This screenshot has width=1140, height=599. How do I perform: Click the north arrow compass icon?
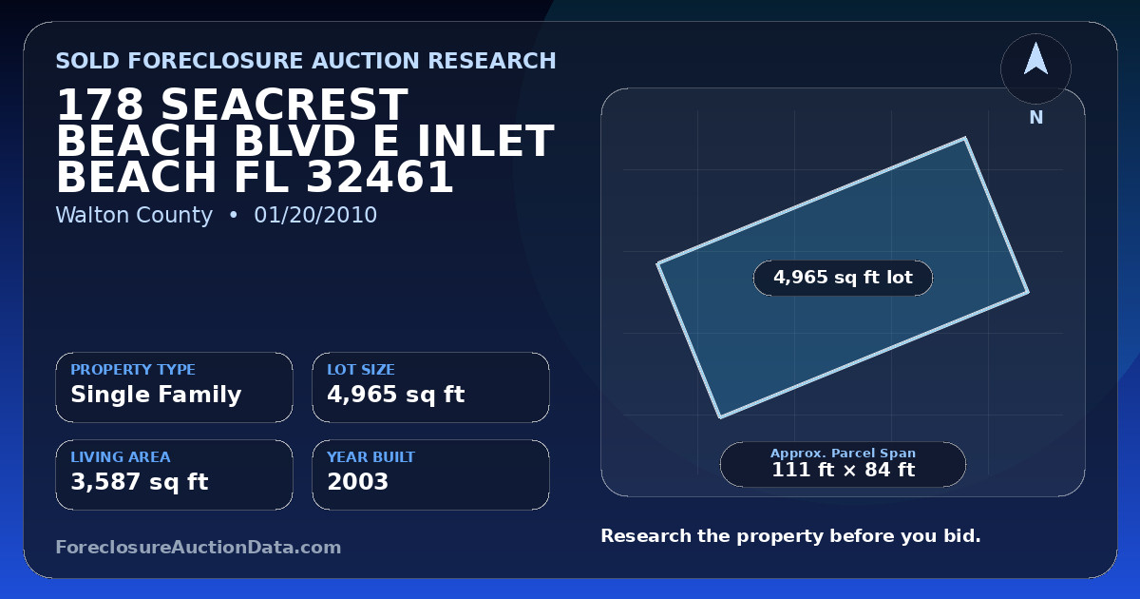coord(1035,68)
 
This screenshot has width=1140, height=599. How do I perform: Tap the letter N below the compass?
coord(1036,118)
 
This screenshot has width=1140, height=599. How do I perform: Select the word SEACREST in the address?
coord(284,105)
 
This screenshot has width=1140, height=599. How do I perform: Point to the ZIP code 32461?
coord(380,177)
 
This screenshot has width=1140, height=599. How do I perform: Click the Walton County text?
coord(134,215)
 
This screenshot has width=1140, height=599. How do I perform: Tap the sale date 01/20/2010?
coord(315,215)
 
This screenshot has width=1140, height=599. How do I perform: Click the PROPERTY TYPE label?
coord(133,369)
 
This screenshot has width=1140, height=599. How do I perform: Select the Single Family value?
coord(156,395)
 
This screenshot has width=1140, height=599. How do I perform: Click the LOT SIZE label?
coord(361,369)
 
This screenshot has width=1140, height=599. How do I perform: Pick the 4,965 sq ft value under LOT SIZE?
coord(396,395)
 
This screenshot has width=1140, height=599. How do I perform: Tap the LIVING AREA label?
coord(121,457)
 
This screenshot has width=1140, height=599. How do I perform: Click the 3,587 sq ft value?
coord(140,482)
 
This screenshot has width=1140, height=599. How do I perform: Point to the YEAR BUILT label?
coord(371,457)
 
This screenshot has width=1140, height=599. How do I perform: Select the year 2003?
coord(358,482)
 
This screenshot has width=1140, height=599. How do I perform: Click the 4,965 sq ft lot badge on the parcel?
coord(843,278)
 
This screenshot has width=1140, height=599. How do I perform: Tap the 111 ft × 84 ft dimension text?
coord(844,470)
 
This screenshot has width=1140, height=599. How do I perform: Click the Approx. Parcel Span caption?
coord(844,453)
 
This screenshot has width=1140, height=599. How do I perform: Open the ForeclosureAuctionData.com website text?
coord(199,547)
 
